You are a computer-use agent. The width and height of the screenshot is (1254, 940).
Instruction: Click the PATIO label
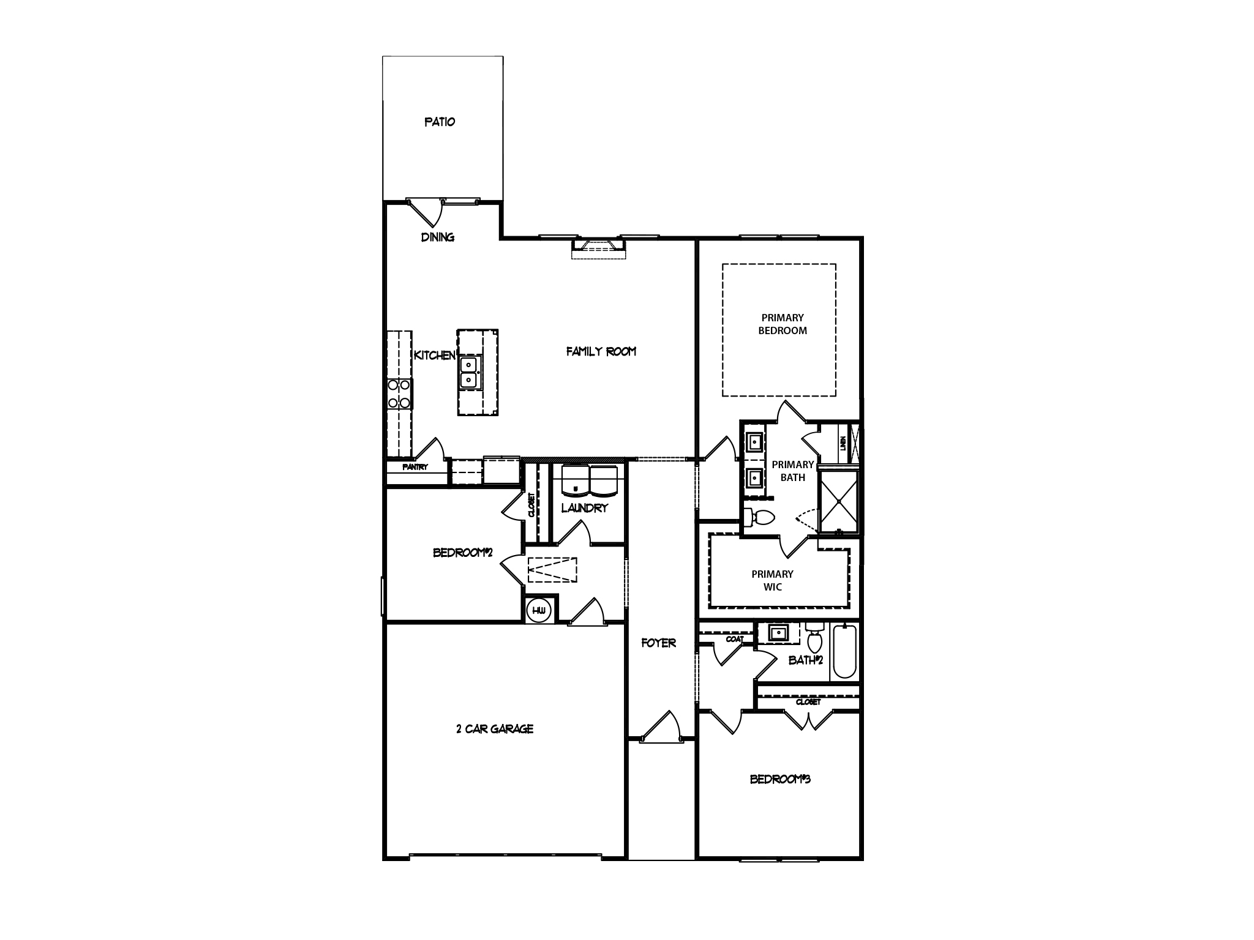pyautogui.click(x=440, y=122)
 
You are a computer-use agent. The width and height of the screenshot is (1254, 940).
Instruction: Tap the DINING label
pyautogui.click(x=437, y=237)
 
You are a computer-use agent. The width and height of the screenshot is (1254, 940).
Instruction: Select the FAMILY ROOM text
pyautogui.click(x=601, y=351)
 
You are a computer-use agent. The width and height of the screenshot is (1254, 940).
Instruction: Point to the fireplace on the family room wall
pyautogui.click(x=599, y=248)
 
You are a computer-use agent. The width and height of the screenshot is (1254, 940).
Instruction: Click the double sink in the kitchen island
pyautogui.click(x=469, y=373)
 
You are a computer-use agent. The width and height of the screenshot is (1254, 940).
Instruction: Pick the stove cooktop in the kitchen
pyautogui.click(x=399, y=394)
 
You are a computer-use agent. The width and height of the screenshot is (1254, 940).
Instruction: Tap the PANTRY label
pyautogui.click(x=415, y=467)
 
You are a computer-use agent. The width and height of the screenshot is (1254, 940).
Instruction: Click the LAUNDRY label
pyautogui.click(x=585, y=507)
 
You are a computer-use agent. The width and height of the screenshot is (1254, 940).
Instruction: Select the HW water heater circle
pyautogui.click(x=539, y=611)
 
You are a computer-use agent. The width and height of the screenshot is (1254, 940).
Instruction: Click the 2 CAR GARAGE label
pyautogui.click(x=495, y=729)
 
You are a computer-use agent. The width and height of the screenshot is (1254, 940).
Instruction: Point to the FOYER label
pyautogui.click(x=659, y=643)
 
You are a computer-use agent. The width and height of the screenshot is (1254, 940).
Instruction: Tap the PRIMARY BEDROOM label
pyautogui.click(x=783, y=324)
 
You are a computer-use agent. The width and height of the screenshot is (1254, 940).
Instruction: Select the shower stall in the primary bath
pyautogui.click(x=839, y=501)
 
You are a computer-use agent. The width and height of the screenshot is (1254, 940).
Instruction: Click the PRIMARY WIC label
pyautogui.click(x=772, y=580)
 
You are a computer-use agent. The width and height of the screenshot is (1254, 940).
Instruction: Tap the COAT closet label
pyautogui.click(x=735, y=639)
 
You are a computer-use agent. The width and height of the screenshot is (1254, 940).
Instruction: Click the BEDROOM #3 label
pyautogui.click(x=780, y=779)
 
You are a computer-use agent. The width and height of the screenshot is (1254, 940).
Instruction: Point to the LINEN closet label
pyautogui.click(x=843, y=443)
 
